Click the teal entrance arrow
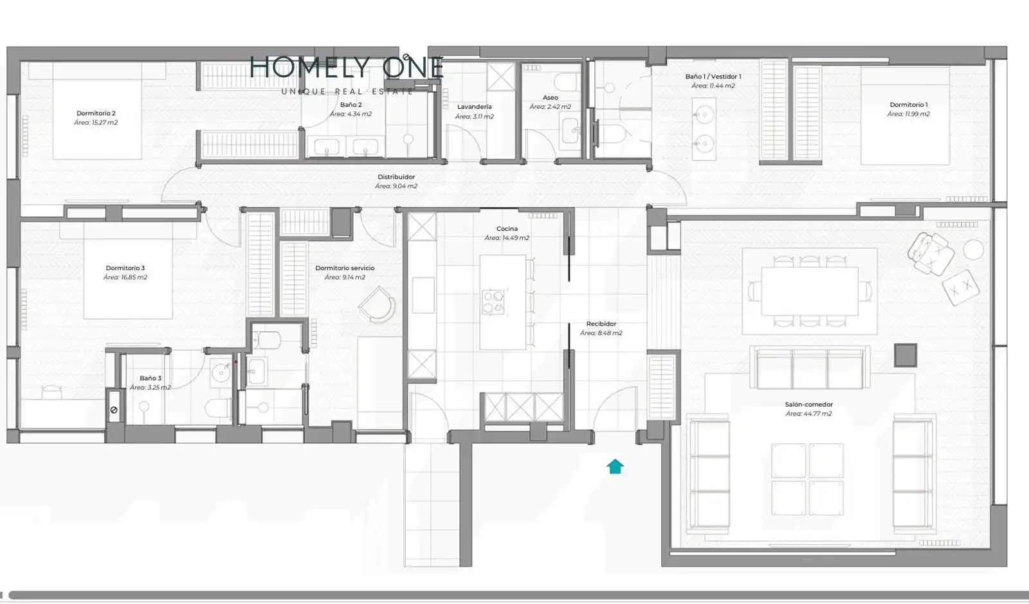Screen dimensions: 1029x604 point(615,466)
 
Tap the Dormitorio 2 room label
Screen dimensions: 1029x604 point(96,113)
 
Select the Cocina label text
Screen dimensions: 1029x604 point(507,228)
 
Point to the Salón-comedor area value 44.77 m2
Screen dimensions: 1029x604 point(808,414)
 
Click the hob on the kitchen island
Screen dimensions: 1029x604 point(493,302)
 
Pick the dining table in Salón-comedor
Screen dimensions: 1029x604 point(810,291)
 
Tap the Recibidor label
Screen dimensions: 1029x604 point(601,324)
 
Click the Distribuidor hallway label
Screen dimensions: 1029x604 point(396,177)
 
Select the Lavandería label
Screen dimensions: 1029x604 point(475,107)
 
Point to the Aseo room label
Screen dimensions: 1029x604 point(551,97)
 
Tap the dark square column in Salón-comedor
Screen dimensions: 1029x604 point(906,355)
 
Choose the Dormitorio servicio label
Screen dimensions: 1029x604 point(345,268)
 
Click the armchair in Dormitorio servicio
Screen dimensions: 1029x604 point(378,304)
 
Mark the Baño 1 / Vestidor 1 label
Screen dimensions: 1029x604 point(713,77)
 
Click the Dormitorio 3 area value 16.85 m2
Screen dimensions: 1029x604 point(125,277)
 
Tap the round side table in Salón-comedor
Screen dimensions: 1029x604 point(974,250)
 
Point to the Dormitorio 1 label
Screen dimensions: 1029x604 point(909,105)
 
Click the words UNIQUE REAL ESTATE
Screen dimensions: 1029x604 point(347,91)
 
